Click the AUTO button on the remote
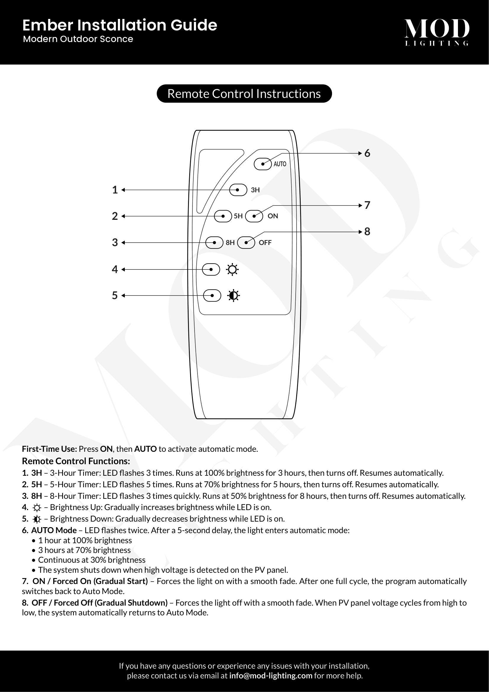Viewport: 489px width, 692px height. click(263, 164)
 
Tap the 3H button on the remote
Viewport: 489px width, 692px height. click(238, 190)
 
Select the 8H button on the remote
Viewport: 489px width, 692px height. click(214, 243)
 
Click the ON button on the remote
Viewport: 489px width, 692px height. click(254, 216)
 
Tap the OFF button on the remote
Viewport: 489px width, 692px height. click(246, 243)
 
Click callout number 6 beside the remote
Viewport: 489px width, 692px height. click(367, 153)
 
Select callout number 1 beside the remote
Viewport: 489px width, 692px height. click(115, 190)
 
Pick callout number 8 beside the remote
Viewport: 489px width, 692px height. click(367, 231)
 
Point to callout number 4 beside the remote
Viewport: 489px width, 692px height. click(115, 269)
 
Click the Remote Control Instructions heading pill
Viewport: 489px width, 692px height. click(244, 94)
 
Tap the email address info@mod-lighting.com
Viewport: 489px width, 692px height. click(271, 675)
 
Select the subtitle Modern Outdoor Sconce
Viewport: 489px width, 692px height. click(78, 39)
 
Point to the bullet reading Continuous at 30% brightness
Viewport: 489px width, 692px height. click(92, 560)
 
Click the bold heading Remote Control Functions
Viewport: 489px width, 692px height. click(76, 461)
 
